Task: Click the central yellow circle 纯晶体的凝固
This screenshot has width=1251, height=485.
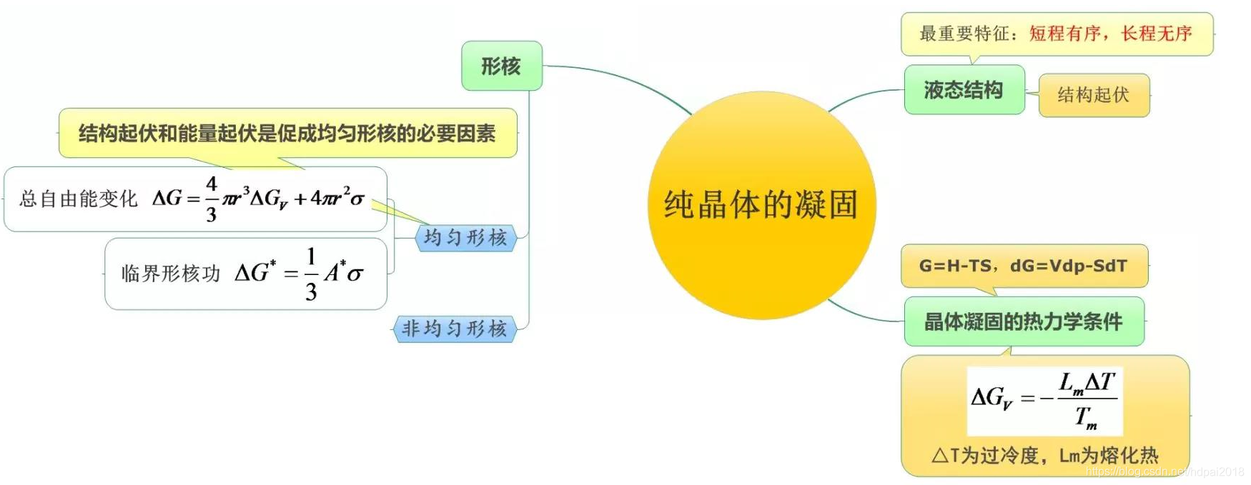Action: pos(761,205)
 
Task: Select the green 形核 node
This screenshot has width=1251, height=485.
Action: pos(501,66)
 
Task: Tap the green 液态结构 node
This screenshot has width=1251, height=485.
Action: pos(963,90)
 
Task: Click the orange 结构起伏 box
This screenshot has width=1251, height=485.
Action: pos(1093,95)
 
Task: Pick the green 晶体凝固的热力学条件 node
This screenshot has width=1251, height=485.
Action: pos(1023,322)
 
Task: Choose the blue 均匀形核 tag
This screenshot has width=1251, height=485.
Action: pos(465,238)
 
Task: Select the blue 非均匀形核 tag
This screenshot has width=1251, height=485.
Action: pos(454,329)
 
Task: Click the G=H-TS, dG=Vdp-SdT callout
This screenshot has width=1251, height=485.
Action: pos(1023,266)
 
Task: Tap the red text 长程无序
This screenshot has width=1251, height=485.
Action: pos(1157,34)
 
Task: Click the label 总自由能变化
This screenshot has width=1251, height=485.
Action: pos(79,199)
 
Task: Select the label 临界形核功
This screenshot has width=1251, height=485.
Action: pos(170,274)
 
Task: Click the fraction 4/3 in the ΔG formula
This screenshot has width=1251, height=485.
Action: pos(212,199)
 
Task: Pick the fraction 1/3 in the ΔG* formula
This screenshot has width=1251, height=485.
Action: pos(311,274)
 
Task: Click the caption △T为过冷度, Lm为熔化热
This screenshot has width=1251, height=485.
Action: pos(1044,456)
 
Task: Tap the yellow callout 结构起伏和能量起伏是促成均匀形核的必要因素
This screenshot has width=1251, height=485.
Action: pos(287,134)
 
